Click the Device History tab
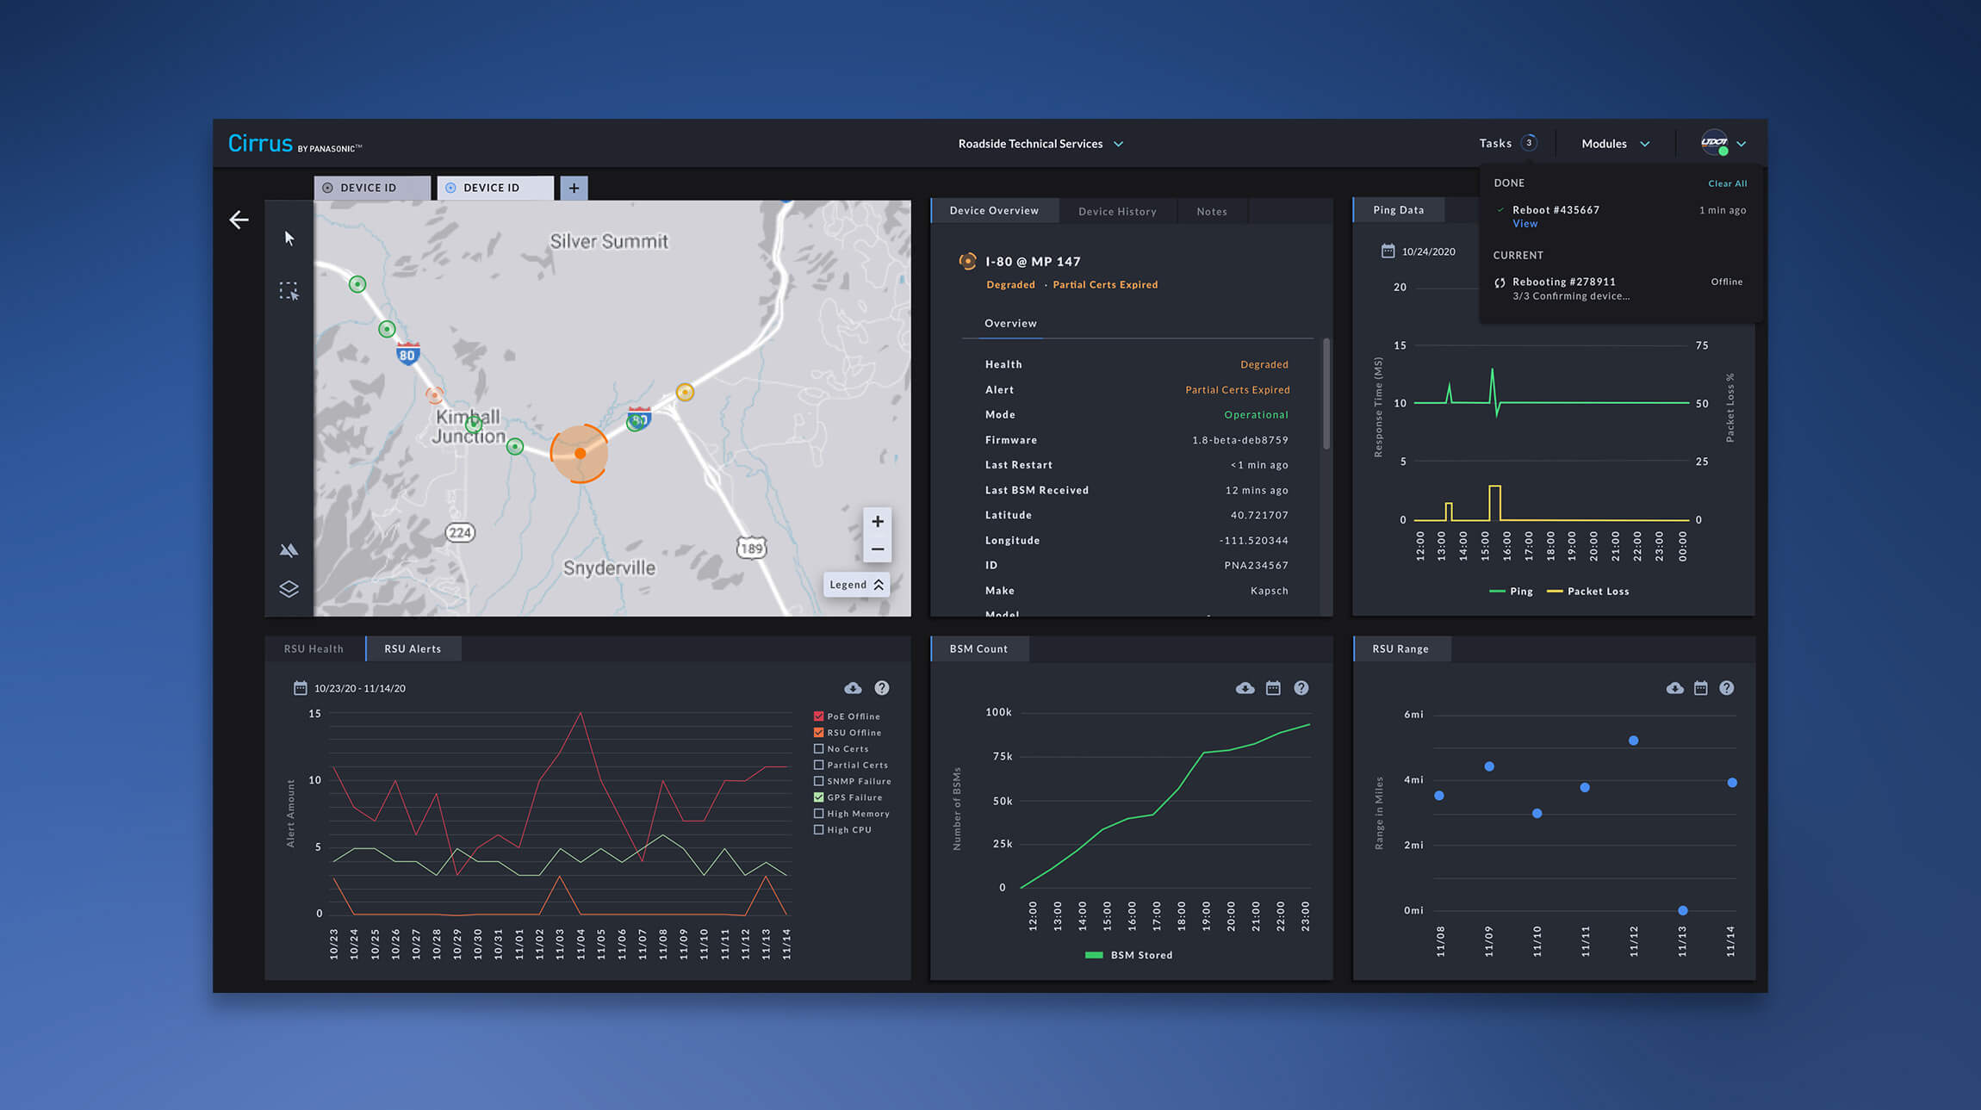(1117, 212)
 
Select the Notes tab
(1211, 212)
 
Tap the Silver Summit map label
(609, 242)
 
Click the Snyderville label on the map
(609, 568)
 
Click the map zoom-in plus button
(877, 522)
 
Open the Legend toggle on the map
(856, 585)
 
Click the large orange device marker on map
(580, 453)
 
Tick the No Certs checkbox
(818, 749)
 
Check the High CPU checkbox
(818, 830)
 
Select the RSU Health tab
(314, 649)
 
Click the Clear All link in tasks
(1727, 183)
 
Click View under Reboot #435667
(1525, 224)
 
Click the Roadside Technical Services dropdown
(1040, 144)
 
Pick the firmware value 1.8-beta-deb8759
(1239, 440)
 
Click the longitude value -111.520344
(1253, 541)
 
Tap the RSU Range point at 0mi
(1682, 910)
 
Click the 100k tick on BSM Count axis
(998, 712)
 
